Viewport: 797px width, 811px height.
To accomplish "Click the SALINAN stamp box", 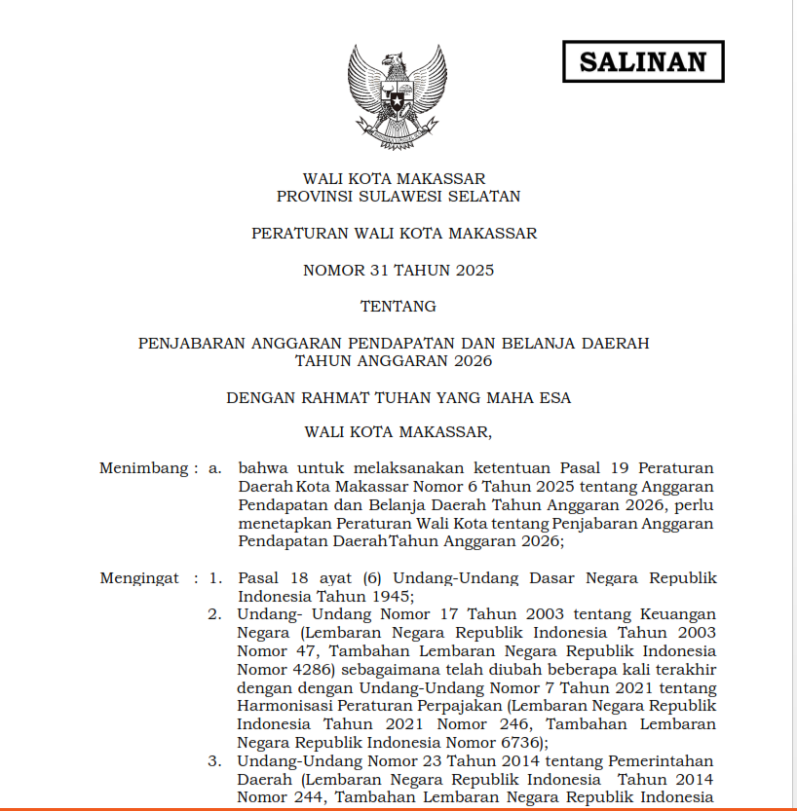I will pyautogui.click(x=643, y=61).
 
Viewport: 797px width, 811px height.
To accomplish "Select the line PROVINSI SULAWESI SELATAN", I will pyautogui.click(x=398, y=197).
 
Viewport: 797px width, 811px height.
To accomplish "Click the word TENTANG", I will pyautogui.click(x=398, y=306).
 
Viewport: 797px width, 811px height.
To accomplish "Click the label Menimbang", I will pyautogui.click(x=142, y=468).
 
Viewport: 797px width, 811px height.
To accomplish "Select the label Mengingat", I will pyautogui.click(x=139, y=578).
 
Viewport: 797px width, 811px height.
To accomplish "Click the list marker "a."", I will pyautogui.click(x=216, y=468).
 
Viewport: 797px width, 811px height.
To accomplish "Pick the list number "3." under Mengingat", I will pyautogui.click(x=215, y=761).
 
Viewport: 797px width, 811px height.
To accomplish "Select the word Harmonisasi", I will pyautogui.click(x=280, y=706).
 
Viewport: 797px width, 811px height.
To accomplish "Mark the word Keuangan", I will pyautogui.click(x=677, y=614).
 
